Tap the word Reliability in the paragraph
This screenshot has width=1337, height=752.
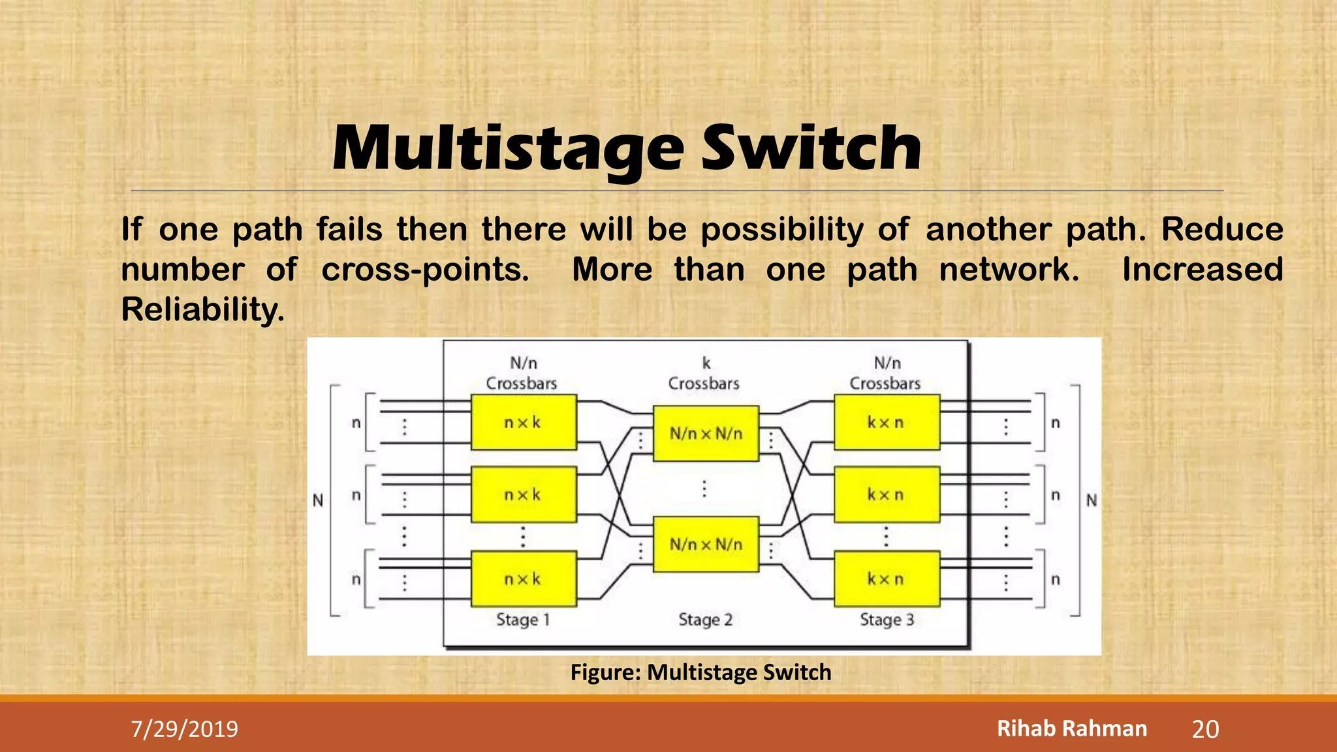click(x=202, y=309)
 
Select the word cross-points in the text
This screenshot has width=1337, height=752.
click(x=425, y=270)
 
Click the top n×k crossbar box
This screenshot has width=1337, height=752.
click(x=524, y=422)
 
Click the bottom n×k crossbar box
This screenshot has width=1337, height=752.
click(x=524, y=579)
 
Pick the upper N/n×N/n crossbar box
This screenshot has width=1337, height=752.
click(x=706, y=433)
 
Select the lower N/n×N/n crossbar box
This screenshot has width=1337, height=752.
click(x=706, y=544)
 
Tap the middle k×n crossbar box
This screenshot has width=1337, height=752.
click(x=887, y=495)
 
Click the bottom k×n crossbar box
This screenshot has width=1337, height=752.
click(x=887, y=579)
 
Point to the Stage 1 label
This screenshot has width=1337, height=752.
click(x=523, y=619)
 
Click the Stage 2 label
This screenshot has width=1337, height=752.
click(x=705, y=619)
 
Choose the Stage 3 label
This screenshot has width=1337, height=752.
click(x=887, y=619)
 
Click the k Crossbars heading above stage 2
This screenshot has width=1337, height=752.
click(x=704, y=374)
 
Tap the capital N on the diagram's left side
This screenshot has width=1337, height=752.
click(x=318, y=501)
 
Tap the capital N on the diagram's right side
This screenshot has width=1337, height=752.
click(x=1092, y=501)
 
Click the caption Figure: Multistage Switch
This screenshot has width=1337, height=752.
click(x=700, y=672)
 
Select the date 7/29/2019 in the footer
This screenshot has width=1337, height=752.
click(x=185, y=729)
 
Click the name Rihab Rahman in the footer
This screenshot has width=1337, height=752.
click(x=1071, y=728)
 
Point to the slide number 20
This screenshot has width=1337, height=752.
click(x=1205, y=729)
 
